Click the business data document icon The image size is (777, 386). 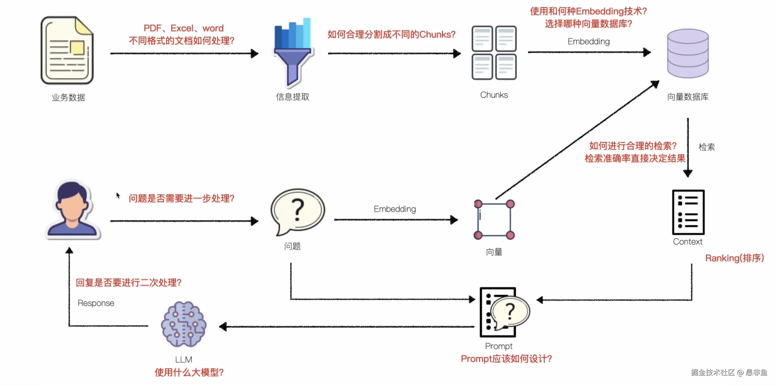pyautogui.click(x=67, y=51)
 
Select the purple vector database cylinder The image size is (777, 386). pyautogui.click(x=688, y=54)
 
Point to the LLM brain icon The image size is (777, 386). pyautogui.click(x=183, y=324)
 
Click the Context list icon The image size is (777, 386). pyautogui.click(x=688, y=212)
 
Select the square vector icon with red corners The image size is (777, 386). pyautogui.click(x=494, y=219)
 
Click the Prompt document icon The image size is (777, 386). pyautogui.click(x=501, y=312)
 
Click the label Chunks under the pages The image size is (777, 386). pyautogui.click(x=494, y=95)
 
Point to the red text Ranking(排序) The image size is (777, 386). pyautogui.click(x=734, y=258)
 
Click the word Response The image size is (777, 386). pyautogui.click(x=96, y=303)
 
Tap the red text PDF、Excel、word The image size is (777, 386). pyautogui.click(x=183, y=28)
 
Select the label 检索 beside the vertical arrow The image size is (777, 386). pyautogui.click(x=706, y=147)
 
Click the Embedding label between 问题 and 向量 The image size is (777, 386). pyautogui.click(x=395, y=209)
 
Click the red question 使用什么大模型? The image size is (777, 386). pyautogui.click(x=189, y=373)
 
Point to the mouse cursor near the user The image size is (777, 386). pyautogui.click(x=118, y=195)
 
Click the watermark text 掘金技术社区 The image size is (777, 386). pyautogui.click(x=712, y=373)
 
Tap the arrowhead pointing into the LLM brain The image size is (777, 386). pyautogui.click(x=223, y=326)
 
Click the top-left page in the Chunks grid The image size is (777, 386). pyautogui.click(x=482, y=39)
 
